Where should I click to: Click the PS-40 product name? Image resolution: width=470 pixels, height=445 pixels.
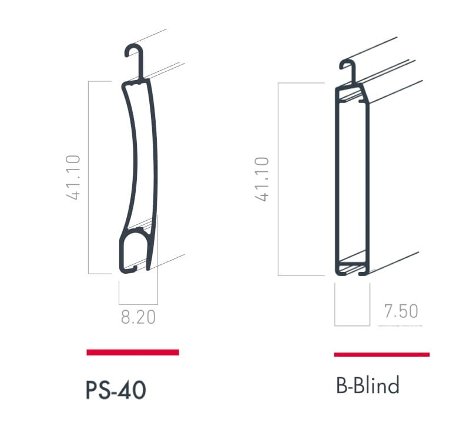click(116, 390)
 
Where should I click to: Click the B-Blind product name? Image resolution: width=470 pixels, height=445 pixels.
click(368, 386)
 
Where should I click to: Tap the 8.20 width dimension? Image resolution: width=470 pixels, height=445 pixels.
click(138, 317)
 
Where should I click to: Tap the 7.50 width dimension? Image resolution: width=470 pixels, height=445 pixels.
click(401, 311)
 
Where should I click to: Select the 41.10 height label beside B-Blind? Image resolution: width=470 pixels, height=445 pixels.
click(262, 179)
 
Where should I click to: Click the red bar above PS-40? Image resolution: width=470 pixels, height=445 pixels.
click(133, 352)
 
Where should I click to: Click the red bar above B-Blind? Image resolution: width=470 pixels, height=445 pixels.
click(381, 354)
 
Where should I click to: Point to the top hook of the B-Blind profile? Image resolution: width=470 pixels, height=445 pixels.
click(348, 67)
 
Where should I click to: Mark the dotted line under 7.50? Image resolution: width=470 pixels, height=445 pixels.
click(399, 324)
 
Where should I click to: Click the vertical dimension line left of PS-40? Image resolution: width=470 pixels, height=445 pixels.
click(89, 177)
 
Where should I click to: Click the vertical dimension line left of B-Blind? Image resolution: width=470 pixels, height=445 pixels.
click(277, 179)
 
